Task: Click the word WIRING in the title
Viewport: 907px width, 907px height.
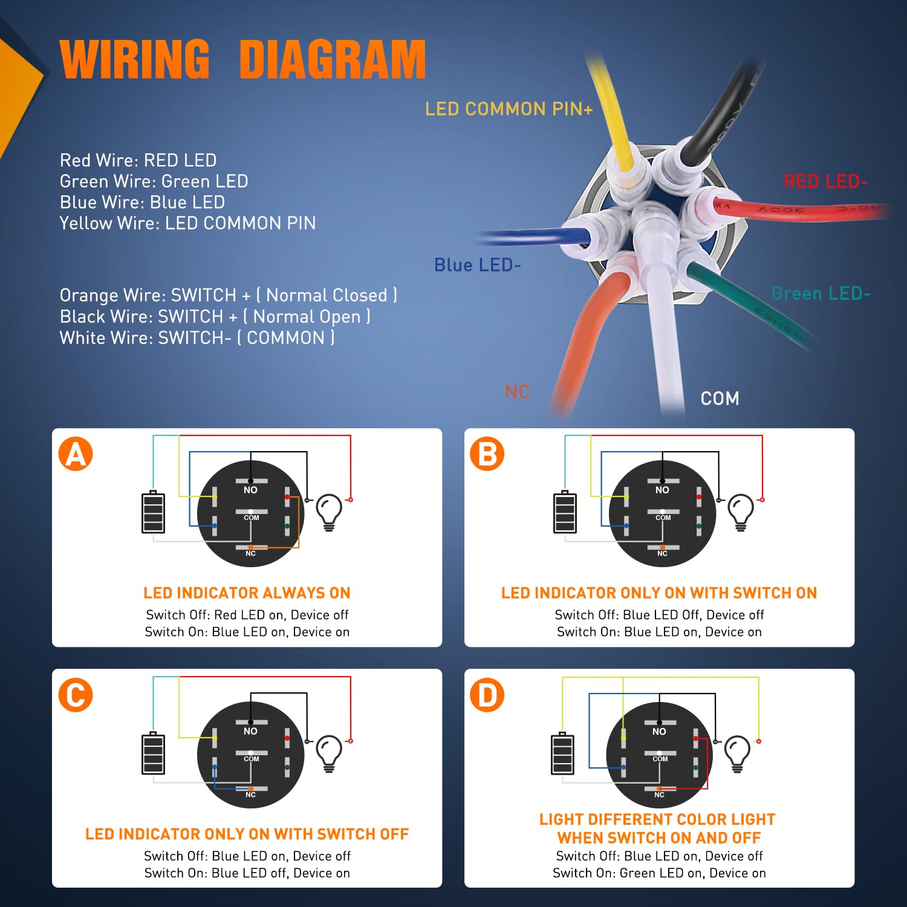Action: coord(135,59)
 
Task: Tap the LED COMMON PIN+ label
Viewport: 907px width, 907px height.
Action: coord(509,109)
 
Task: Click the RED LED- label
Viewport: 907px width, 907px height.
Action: coord(825,181)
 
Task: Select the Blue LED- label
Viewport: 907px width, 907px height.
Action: coord(477,265)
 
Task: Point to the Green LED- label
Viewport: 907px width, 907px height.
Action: coord(820,294)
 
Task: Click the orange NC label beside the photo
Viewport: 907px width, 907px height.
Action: coord(517,392)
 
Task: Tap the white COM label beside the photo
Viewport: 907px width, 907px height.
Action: coord(720,398)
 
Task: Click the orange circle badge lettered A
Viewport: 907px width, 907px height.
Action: coord(76,454)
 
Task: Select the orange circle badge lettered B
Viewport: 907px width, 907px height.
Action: coord(487,454)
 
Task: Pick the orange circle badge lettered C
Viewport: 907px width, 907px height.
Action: coord(76,695)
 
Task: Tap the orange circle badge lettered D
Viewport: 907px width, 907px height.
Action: coord(487,695)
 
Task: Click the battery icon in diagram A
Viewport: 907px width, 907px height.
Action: coord(153,512)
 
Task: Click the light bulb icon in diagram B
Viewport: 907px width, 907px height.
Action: coord(741,512)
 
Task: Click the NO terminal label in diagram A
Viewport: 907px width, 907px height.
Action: coord(250,490)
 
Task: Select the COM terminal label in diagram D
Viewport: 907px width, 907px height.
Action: coord(660,759)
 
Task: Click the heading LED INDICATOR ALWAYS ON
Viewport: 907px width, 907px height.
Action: coord(247,593)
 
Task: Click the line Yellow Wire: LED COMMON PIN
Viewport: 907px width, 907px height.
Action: coord(187,223)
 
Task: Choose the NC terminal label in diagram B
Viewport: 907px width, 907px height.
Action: coord(662,553)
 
